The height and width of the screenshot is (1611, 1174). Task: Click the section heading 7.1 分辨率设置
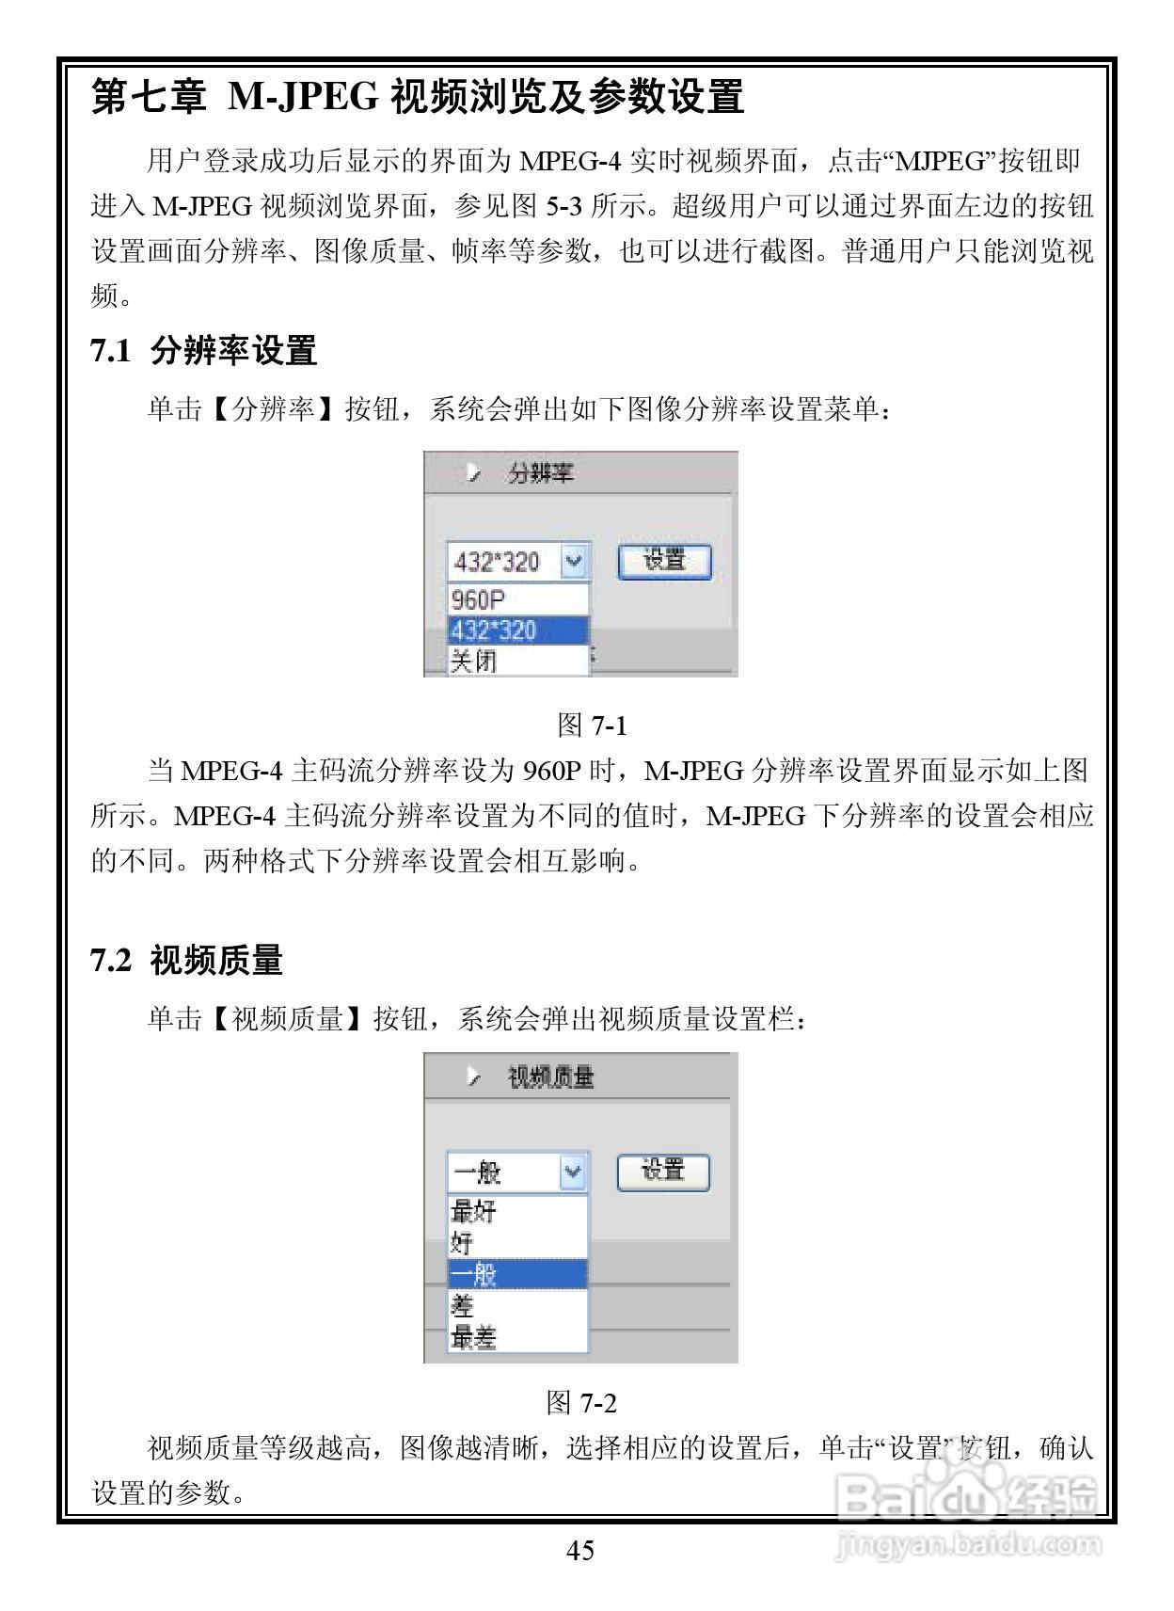coord(203,351)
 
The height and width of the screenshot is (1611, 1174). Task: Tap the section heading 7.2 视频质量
coord(186,961)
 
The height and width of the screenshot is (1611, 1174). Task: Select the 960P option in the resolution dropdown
coord(478,599)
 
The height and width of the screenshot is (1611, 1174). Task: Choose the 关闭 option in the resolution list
coord(473,661)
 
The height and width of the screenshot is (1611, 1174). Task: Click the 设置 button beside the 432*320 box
coord(664,562)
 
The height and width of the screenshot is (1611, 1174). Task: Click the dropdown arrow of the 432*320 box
coord(573,562)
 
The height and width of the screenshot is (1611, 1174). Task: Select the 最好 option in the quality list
coord(473,1211)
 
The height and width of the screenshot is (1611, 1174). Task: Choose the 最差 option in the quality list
coord(473,1337)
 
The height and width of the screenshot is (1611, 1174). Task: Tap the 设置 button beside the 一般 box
coord(662,1172)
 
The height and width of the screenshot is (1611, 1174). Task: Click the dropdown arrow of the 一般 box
coord(572,1172)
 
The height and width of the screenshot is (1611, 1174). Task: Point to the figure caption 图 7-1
coord(592,726)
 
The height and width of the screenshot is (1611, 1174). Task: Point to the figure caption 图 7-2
coord(581,1403)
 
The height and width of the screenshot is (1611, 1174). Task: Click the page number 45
coord(580,1550)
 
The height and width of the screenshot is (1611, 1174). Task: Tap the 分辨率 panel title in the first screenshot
coord(540,472)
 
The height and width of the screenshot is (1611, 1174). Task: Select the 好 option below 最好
coord(462,1243)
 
